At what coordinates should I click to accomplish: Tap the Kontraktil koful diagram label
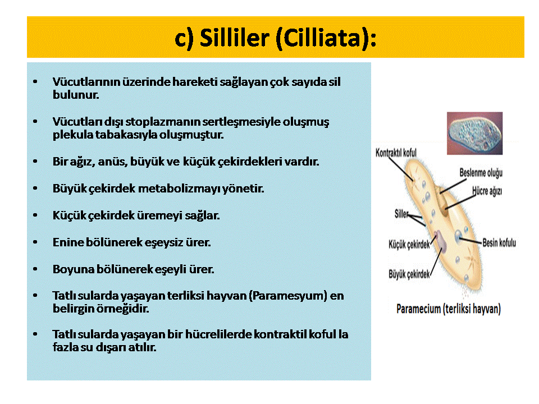tap(396, 153)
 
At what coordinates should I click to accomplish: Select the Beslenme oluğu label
tap(481, 173)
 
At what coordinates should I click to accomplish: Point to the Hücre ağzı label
tap(487, 191)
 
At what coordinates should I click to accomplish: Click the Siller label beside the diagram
tap(401, 214)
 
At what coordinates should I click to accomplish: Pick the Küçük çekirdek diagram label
tap(409, 245)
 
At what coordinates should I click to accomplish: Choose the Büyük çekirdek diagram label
tap(409, 274)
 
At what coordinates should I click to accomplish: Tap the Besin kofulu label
tap(499, 243)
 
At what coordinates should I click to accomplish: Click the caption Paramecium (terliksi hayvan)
tap(449, 309)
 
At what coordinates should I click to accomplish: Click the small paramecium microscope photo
tap(475, 134)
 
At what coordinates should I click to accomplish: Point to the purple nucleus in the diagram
tap(440, 241)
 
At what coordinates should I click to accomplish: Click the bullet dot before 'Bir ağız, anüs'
tap(35, 161)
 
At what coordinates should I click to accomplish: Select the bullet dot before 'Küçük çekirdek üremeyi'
tap(35, 215)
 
